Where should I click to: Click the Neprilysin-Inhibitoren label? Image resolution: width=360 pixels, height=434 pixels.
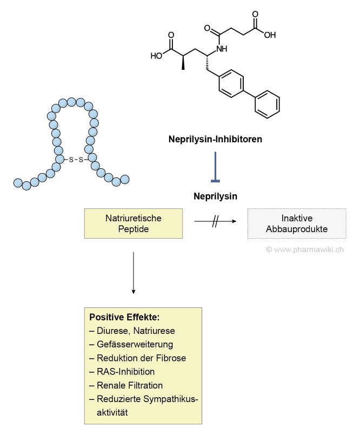pos(215,140)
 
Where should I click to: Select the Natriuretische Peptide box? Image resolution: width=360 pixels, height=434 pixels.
pos(133,223)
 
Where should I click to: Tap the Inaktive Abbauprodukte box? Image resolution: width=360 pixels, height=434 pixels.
pos(297,223)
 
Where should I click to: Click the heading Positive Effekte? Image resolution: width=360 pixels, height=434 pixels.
pos(124,317)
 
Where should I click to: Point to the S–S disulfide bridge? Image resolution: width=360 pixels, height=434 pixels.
pos(76,160)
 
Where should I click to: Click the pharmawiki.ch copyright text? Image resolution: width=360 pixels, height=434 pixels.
pos(305,249)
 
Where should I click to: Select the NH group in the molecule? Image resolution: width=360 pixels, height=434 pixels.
pos(221,49)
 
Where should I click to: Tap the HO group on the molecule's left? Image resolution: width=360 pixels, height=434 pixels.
pos(156,55)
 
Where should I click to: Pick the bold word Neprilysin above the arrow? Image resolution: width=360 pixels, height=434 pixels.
pos(215,196)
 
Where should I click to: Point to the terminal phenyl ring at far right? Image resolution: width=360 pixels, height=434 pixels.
pos(267,103)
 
